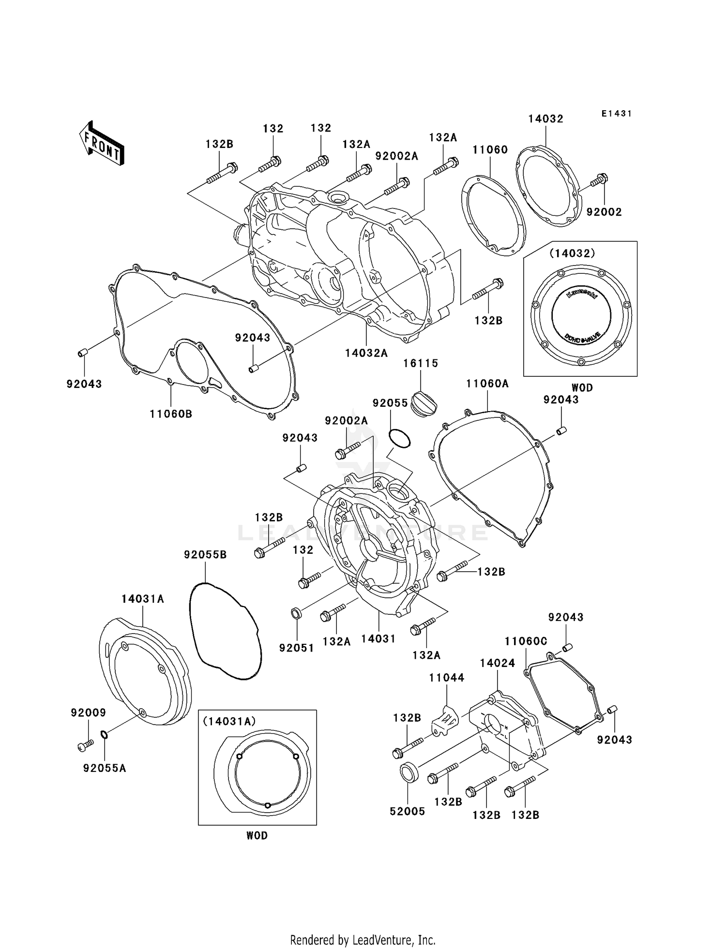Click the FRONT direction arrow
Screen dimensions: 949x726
coord(101,144)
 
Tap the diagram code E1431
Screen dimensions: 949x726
coord(616,114)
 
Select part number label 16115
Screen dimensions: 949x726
coord(421,363)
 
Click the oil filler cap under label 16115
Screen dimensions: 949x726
coord(423,404)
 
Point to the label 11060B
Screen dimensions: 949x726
coord(171,414)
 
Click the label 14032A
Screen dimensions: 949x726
coord(366,354)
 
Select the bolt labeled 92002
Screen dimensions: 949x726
coord(599,181)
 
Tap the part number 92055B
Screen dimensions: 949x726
coord(205,555)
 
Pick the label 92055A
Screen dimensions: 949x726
coord(105,768)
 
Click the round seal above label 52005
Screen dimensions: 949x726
coord(409,771)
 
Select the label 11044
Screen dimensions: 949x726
coord(446,678)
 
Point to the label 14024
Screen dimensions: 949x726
coord(498,663)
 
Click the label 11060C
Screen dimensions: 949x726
coord(526,641)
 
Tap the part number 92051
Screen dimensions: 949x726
coord(296,648)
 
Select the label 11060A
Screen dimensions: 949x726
coord(487,384)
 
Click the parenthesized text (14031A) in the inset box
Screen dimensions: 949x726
coord(229,722)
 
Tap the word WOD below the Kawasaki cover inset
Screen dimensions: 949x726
coord(582,387)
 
